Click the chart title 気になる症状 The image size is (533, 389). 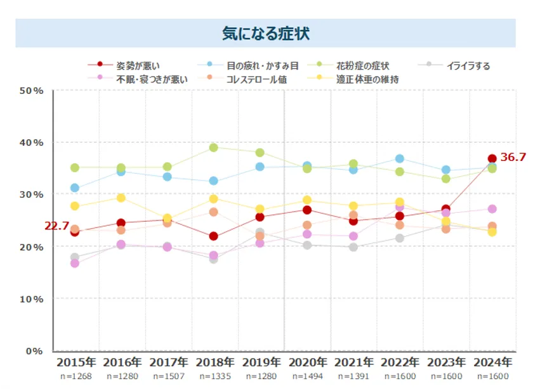tap(266, 34)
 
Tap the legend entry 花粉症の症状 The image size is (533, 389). tap(362, 65)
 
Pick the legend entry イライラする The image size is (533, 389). tap(468, 65)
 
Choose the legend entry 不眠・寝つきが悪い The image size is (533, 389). tap(151, 80)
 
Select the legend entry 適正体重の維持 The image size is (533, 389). tap(367, 80)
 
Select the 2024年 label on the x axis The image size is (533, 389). tap(492, 362)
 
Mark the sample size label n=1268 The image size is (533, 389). tap(75, 376)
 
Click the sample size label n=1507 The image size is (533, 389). tap(168, 376)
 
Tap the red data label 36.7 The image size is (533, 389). tap(513, 157)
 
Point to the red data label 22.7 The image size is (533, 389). tap(56, 226)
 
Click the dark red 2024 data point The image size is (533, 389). tap(492, 158)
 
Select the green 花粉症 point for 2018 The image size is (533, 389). tap(214, 148)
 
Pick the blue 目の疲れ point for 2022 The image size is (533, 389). tap(399, 158)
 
